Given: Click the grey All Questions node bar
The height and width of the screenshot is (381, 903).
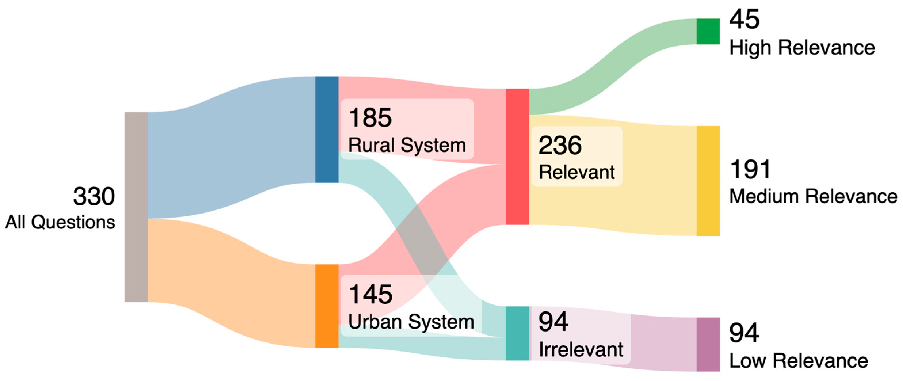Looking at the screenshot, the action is point(136,207).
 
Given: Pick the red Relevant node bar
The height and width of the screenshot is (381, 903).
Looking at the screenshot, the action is point(518,157).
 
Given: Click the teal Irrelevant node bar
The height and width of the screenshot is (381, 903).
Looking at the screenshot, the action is point(518,333).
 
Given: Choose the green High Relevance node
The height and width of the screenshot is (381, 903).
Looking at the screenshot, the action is point(708,32).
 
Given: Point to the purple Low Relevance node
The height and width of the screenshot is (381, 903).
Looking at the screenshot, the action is point(708,344).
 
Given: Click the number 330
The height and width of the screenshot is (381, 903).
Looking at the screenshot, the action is point(94,196).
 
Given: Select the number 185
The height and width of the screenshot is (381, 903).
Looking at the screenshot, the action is point(370,118).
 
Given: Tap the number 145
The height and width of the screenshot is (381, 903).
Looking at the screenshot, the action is point(371,294).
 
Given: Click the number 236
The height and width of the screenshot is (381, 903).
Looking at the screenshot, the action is point(560,145).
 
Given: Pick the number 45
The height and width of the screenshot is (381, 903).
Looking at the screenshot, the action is point(744,20).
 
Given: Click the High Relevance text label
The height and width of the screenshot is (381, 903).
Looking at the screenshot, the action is point(802,48).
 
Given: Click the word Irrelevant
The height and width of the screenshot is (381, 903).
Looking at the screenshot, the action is point(581,349).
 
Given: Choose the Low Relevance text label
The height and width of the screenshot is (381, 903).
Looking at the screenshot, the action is point(799,361).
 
